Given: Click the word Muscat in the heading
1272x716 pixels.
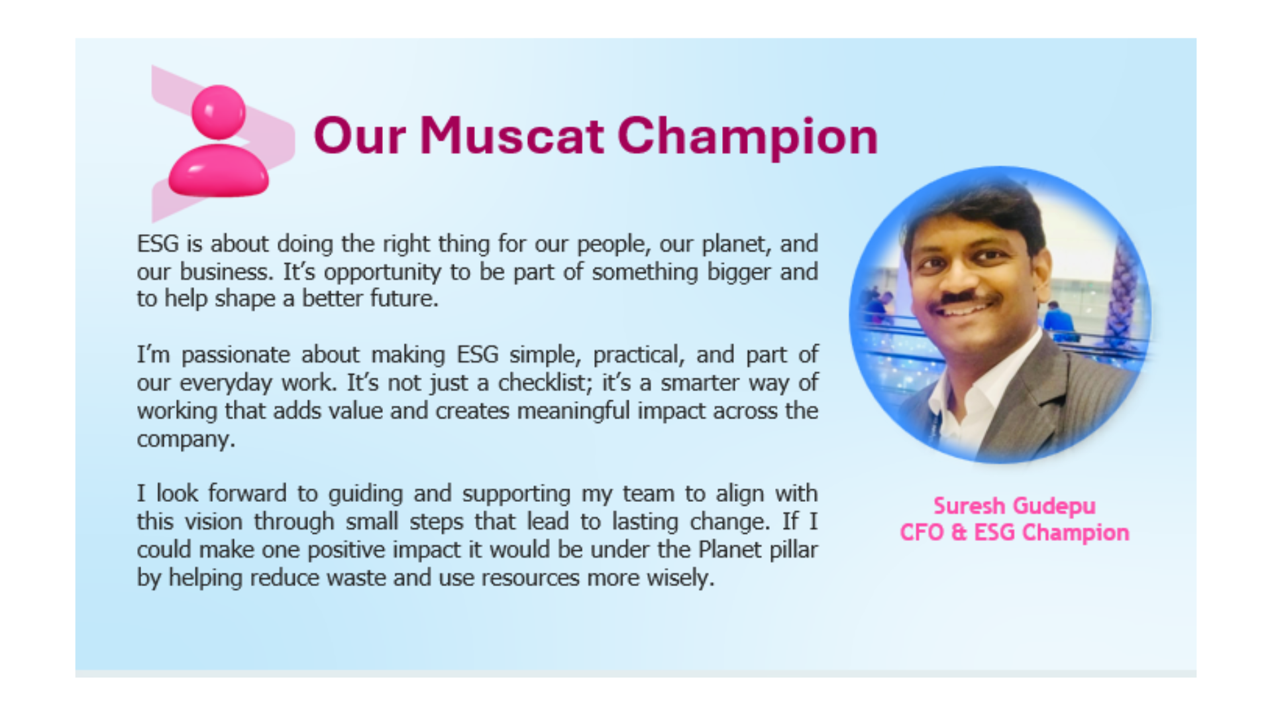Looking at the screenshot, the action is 511,136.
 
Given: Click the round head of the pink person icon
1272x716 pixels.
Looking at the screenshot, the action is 218,112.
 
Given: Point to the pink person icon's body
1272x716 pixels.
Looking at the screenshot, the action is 219,171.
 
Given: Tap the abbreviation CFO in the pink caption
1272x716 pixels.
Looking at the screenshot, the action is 922,532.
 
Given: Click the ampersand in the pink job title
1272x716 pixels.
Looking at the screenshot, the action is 959,532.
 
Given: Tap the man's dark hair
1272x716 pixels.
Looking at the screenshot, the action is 974,212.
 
